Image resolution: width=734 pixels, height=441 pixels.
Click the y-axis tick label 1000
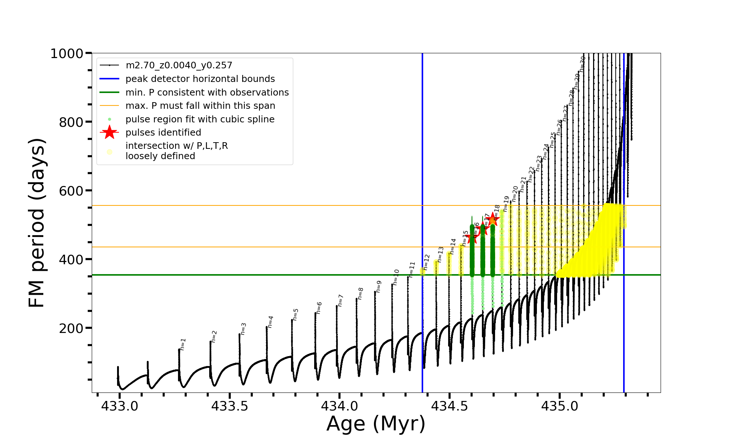[x=67, y=54]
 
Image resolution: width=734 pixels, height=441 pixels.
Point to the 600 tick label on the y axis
[x=71, y=191]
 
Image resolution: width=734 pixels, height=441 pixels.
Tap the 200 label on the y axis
[x=71, y=328]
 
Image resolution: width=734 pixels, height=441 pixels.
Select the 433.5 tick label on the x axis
[x=230, y=406]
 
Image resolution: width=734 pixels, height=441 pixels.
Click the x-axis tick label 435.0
[x=560, y=406]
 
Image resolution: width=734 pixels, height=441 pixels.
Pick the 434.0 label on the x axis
[x=339, y=406]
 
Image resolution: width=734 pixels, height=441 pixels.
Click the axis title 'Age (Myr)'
[x=376, y=424]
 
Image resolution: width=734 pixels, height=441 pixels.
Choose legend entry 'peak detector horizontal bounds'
[x=200, y=79]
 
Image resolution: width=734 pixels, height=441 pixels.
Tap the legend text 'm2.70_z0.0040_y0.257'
[x=179, y=65]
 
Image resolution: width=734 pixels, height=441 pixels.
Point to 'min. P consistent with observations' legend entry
[x=207, y=93]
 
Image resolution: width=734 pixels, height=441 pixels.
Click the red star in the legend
[x=109, y=132]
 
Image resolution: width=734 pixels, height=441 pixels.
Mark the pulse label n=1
[x=183, y=344]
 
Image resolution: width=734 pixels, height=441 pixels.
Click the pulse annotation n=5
[x=295, y=315]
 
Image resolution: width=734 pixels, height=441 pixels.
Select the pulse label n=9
[x=379, y=287]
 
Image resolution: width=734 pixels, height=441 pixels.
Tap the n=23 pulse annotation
[x=539, y=163]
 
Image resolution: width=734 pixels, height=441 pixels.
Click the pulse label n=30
[x=582, y=64]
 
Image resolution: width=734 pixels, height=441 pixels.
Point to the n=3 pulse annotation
[x=243, y=329]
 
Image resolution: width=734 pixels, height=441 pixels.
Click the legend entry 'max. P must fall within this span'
[x=200, y=106]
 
